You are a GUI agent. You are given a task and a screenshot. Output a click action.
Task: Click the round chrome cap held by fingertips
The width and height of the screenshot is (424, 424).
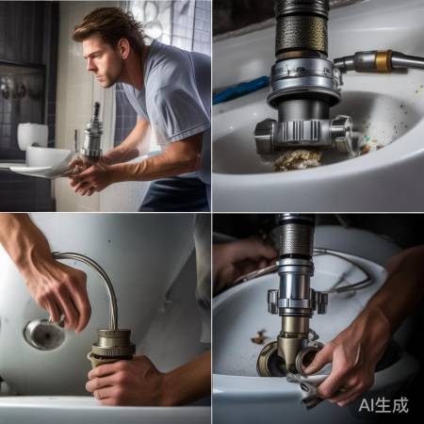(x=44, y=334)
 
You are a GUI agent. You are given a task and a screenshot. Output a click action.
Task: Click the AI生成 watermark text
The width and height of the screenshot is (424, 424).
(x=383, y=404)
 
